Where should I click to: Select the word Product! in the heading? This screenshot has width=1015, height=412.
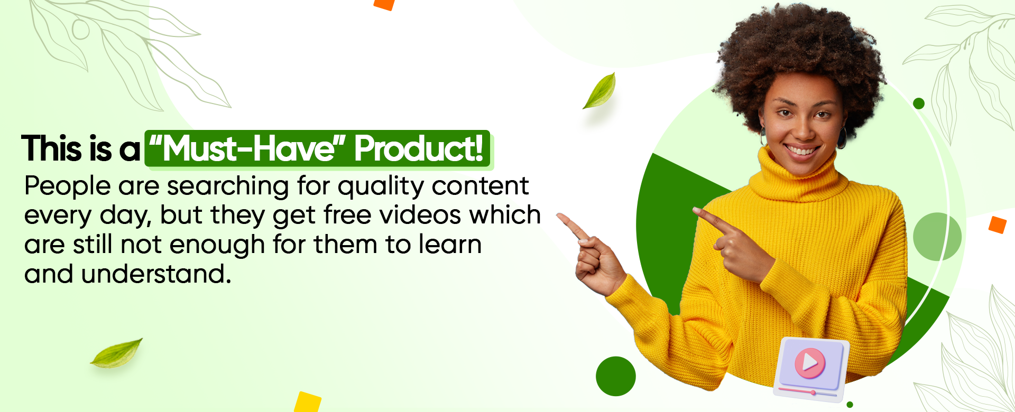point(419,148)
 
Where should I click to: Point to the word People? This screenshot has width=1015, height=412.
point(68,186)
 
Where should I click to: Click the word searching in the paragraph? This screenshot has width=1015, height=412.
point(228,186)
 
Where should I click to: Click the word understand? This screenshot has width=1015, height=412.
point(156,274)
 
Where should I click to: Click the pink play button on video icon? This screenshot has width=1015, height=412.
point(810,363)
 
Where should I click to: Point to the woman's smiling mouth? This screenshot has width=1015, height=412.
point(802,150)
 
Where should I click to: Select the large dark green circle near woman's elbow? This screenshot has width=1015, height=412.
point(616,376)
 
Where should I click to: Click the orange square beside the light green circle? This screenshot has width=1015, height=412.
point(997,225)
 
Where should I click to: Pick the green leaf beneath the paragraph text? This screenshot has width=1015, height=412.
point(116,353)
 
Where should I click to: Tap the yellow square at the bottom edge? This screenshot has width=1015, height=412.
point(308,402)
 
